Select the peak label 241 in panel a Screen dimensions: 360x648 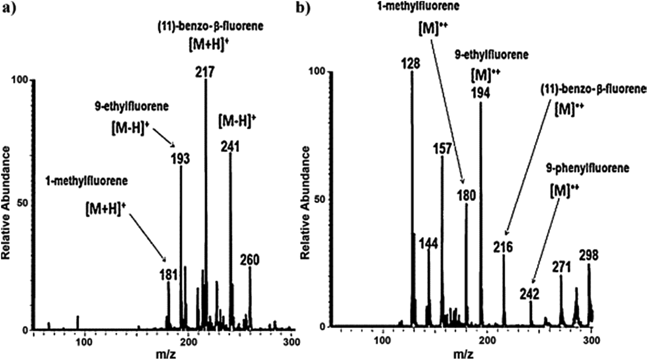tap(230, 147)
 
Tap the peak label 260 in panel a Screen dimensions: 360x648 tap(250, 260)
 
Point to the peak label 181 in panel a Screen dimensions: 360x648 tap(168, 274)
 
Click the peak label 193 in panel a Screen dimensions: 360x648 tap(180, 159)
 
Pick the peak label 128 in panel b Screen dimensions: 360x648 tap(411, 63)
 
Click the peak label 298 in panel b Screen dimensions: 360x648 tap(589, 255)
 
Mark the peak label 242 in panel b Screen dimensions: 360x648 tap(530, 294)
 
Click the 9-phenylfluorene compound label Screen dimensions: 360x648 tap(588, 168)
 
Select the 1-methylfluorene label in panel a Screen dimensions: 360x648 tap(87, 181)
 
